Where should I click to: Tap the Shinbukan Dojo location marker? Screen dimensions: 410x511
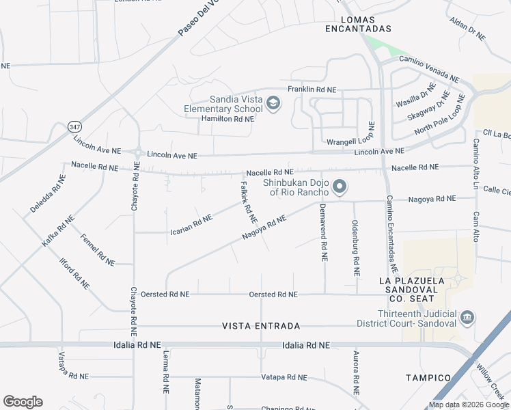pyautogui.click(x=340, y=187)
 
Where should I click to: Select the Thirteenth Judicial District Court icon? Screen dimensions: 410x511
pyautogui.click(x=467, y=318)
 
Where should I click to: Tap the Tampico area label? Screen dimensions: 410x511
pyautogui.click(x=428, y=378)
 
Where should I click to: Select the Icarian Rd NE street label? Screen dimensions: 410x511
pyautogui.click(x=191, y=225)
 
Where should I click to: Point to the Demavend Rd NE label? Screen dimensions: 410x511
pyautogui.click(x=324, y=232)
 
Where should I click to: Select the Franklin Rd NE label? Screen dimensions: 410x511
pyautogui.click(x=312, y=90)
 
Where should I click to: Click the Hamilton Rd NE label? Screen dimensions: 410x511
pyautogui.click(x=227, y=118)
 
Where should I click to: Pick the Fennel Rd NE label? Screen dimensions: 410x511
pyautogui.click(x=97, y=249)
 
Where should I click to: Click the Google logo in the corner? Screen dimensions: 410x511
pyautogui.click(x=23, y=402)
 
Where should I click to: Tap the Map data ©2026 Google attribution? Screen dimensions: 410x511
pyautogui.click(x=468, y=405)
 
